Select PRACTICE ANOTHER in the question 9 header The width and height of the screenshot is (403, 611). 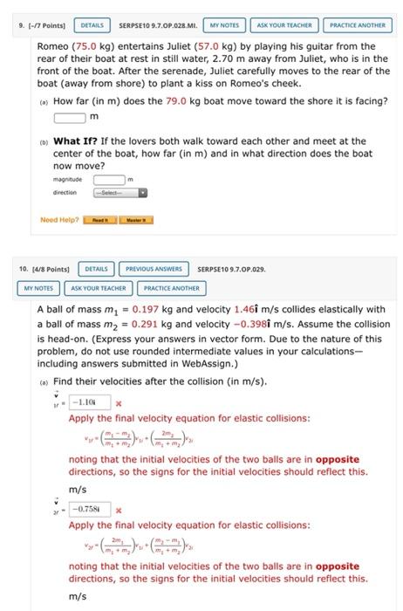pyautogui.click(x=357, y=25)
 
